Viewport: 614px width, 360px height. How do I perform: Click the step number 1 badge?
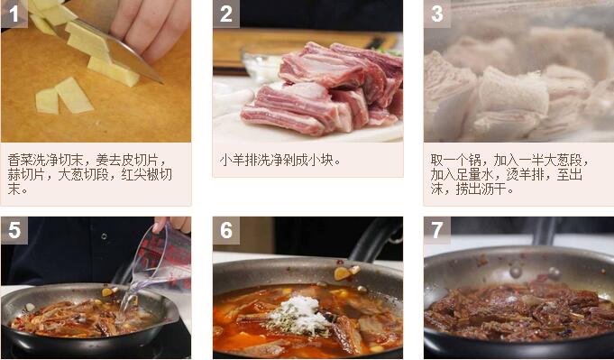(x=14, y=14)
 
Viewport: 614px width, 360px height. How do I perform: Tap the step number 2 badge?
(x=226, y=14)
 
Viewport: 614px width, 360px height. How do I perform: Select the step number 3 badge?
(x=437, y=14)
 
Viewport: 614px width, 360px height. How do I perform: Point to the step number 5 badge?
(x=14, y=230)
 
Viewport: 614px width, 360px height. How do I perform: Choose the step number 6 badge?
(x=226, y=230)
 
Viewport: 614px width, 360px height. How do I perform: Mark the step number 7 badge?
(x=437, y=230)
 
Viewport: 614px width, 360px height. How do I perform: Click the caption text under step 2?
(x=280, y=161)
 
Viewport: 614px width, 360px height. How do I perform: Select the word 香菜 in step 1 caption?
(x=20, y=161)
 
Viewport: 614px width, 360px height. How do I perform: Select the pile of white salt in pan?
(x=299, y=314)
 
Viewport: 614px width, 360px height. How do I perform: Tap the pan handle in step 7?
(x=545, y=231)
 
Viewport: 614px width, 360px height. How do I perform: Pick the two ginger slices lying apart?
(x=65, y=96)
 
